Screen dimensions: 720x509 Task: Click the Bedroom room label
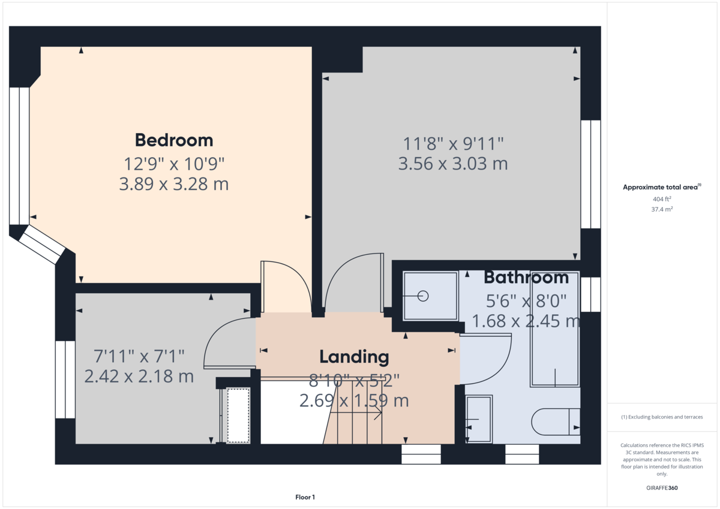pos(174,140)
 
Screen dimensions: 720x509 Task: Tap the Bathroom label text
pos(526,278)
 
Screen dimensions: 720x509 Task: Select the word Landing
pos(354,357)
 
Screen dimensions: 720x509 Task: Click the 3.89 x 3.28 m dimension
pos(174,184)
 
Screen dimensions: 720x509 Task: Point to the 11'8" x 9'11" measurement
pos(453,143)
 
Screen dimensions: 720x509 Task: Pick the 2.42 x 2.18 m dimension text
pos(139,377)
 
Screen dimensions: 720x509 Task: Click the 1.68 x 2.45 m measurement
pos(526,321)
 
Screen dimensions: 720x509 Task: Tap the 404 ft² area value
pos(662,199)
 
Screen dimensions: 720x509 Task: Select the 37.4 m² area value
pos(662,209)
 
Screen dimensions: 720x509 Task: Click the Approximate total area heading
pos(662,187)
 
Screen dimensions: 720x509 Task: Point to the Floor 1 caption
pos(305,497)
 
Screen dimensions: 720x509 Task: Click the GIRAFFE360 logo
pos(662,488)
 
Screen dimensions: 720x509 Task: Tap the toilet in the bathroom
pos(556,421)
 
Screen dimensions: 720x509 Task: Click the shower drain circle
pos(423,296)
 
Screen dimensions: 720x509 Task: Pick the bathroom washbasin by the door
pos(479,419)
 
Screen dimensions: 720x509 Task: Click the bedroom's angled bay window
pos(42,245)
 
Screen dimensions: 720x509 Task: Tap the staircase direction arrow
pos(356,413)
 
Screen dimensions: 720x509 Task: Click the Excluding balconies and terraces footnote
pos(662,417)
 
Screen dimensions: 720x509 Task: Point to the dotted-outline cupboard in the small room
pos(238,415)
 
